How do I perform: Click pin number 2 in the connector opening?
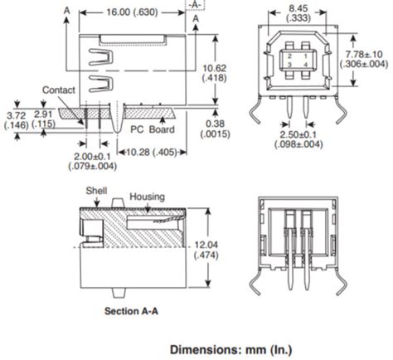(x=289, y=54)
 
